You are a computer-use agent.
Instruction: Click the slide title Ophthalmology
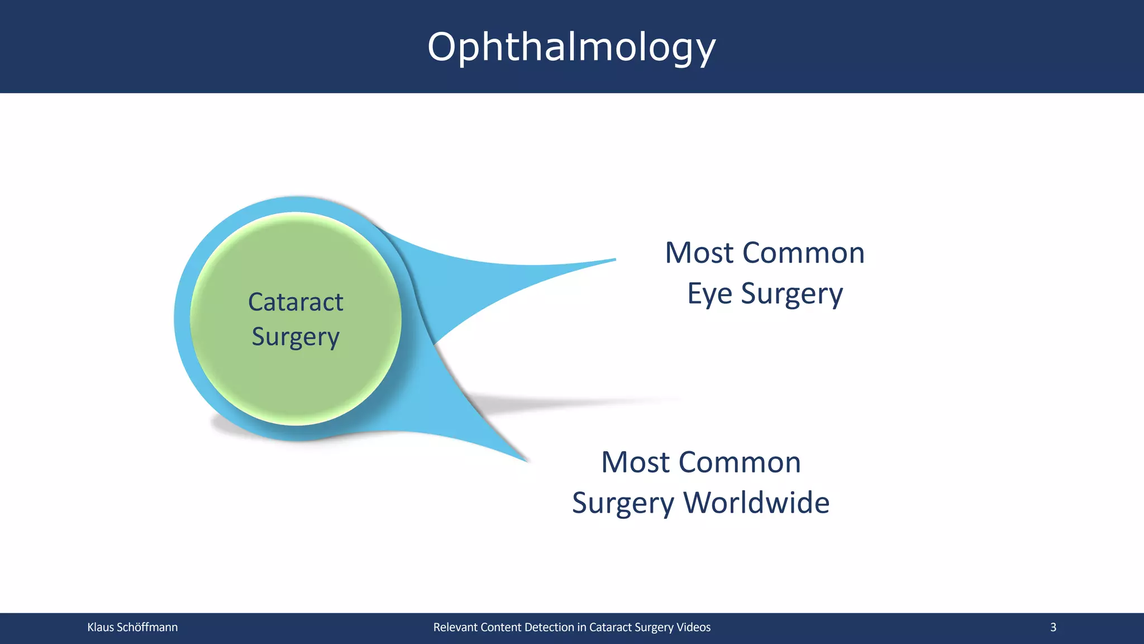571,47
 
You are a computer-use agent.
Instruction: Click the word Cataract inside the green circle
295,302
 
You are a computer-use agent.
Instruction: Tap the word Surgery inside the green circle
295,337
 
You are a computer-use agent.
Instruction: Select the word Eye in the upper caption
709,294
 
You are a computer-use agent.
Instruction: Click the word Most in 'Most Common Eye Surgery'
698,253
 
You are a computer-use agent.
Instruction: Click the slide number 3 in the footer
1053,627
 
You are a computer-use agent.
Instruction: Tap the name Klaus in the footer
101,627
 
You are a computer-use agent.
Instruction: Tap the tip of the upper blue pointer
613,260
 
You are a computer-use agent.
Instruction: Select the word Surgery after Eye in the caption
792,294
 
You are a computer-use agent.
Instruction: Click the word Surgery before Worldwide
623,503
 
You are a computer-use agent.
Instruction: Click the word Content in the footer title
501,627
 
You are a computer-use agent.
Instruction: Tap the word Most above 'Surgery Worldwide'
635,462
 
